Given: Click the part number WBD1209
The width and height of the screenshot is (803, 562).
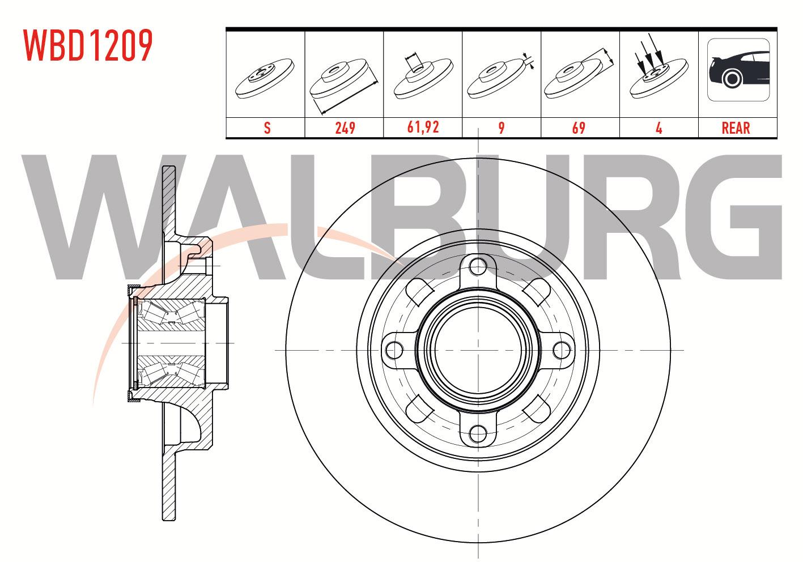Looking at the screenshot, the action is (x=88, y=45).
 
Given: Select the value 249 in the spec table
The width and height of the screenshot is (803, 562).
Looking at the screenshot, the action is (x=345, y=128).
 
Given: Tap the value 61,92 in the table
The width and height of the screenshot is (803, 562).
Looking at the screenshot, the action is (x=423, y=127).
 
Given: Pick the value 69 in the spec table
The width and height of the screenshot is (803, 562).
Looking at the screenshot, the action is (x=579, y=128).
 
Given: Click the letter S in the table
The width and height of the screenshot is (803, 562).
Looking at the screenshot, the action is (x=267, y=128).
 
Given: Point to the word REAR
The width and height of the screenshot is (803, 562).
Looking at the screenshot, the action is (x=736, y=128).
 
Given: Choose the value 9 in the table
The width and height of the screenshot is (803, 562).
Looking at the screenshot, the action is (x=502, y=128).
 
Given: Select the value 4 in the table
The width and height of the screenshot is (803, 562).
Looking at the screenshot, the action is (x=659, y=128).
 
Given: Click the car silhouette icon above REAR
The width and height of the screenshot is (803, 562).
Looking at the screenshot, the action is (x=738, y=70).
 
